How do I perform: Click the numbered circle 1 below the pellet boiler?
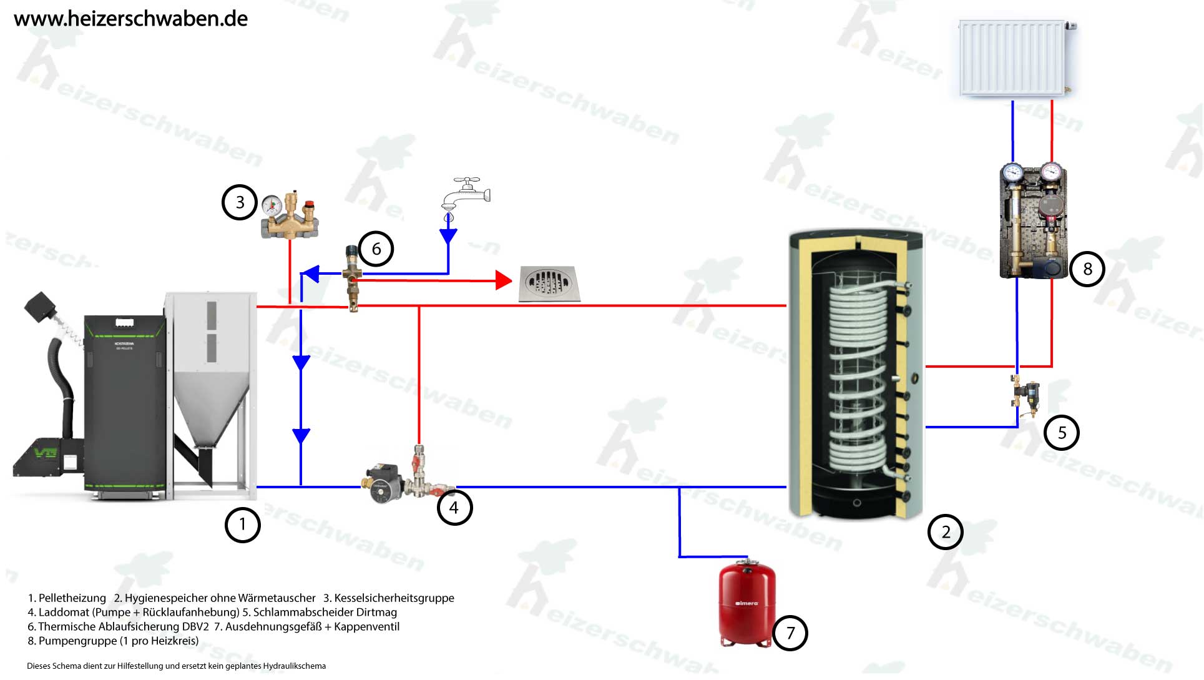click(242, 525)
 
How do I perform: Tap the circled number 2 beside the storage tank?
click(945, 532)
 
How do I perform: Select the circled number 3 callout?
click(240, 202)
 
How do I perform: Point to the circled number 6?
click(376, 249)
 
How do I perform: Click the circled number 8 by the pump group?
click(1087, 269)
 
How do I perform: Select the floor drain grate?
click(549, 284)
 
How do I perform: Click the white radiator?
click(1012, 58)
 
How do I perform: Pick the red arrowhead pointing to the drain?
click(503, 280)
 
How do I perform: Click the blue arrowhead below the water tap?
click(448, 236)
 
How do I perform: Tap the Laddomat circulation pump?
click(382, 485)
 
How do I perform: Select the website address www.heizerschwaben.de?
click(130, 19)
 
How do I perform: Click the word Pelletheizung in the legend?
click(72, 598)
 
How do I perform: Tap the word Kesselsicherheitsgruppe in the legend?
click(394, 598)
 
